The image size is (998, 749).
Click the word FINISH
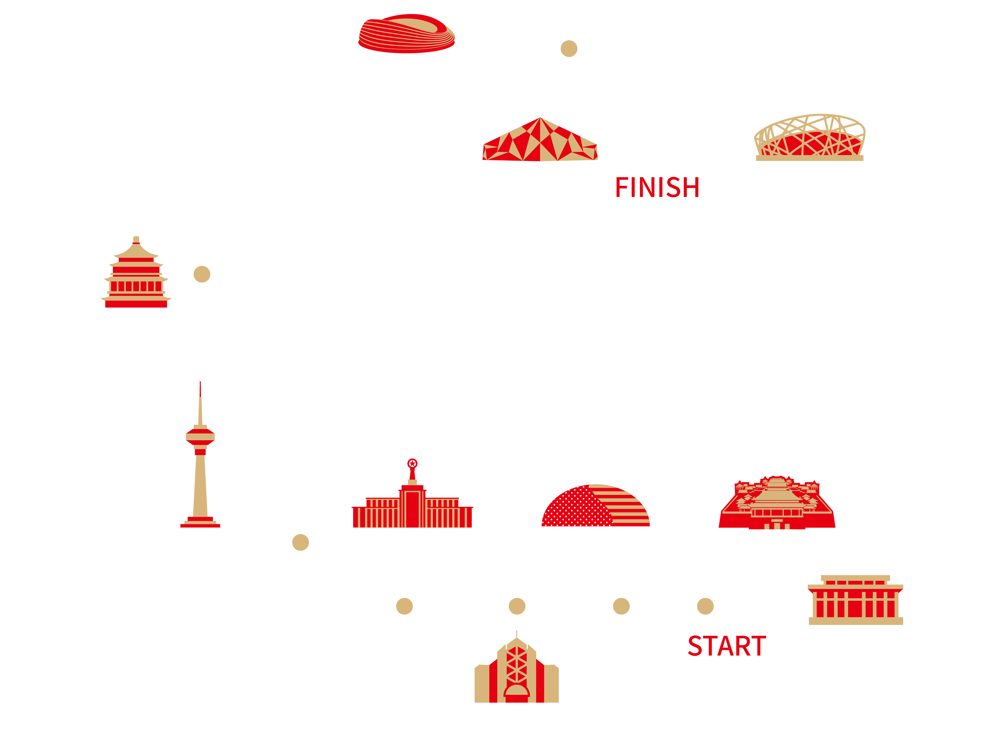pyautogui.click(x=657, y=188)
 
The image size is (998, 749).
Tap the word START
pyautogui.click(x=727, y=646)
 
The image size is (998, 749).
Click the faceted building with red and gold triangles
pyautogui.click(x=540, y=140)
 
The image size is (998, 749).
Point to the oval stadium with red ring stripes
pyautogui.click(x=407, y=34)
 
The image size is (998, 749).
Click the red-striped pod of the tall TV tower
pyautogui.click(x=200, y=437)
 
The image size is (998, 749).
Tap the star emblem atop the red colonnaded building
pyautogui.click(x=412, y=463)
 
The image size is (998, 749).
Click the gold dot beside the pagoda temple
pyautogui.click(x=202, y=274)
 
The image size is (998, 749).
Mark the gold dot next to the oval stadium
pyautogui.click(x=569, y=49)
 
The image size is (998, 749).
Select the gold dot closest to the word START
pyautogui.click(x=705, y=606)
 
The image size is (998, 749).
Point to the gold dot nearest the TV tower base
pyautogui.click(x=301, y=542)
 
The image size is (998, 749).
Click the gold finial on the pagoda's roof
pyautogui.click(x=136, y=239)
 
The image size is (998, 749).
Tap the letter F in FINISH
pyautogui.click(x=623, y=188)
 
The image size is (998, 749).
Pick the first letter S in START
pyautogui.click(x=695, y=646)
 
